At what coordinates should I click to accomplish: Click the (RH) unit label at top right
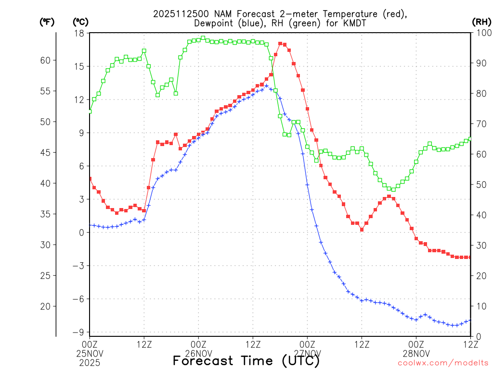pyautogui.click(x=481, y=22)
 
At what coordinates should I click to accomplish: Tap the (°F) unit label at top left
pyautogui.click(x=47, y=22)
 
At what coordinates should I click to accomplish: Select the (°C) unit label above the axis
pyautogui.click(x=80, y=22)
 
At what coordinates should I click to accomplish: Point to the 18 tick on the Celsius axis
pyautogui.click(x=79, y=33)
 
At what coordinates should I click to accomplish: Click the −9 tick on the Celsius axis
pyautogui.click(x=78, y=332)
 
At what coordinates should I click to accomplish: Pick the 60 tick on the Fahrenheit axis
pyautogui.click(x=45, y=60)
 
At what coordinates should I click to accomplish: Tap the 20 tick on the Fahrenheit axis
pyautogui.click(x=45, y=306)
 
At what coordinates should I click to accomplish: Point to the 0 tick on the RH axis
pyautogui.click(x=477, y=336)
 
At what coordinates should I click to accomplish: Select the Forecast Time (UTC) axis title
pyautogui.click(x=246, y=360)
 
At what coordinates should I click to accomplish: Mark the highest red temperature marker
pyautogui.click(x=280, y=44)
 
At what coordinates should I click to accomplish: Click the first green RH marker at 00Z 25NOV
pyautogui.click(x=90, y=111)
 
